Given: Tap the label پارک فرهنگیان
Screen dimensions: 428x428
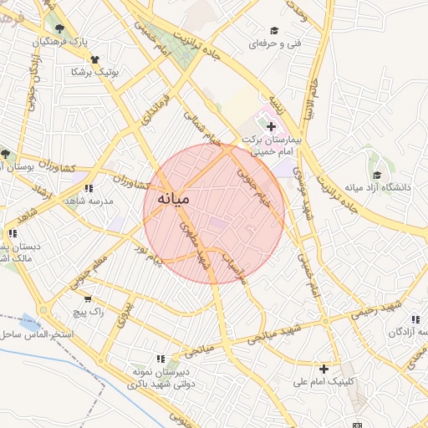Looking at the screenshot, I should (x=60, y=41).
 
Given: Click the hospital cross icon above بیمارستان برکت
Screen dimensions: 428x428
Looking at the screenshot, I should (x=270, y=125).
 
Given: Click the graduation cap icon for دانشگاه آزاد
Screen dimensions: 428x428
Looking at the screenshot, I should (x=377, y=175).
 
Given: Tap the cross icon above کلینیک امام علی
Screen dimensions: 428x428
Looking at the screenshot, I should (x=324, y=368).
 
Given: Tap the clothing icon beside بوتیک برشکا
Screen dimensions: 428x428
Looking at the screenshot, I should (x=94, y=59).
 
